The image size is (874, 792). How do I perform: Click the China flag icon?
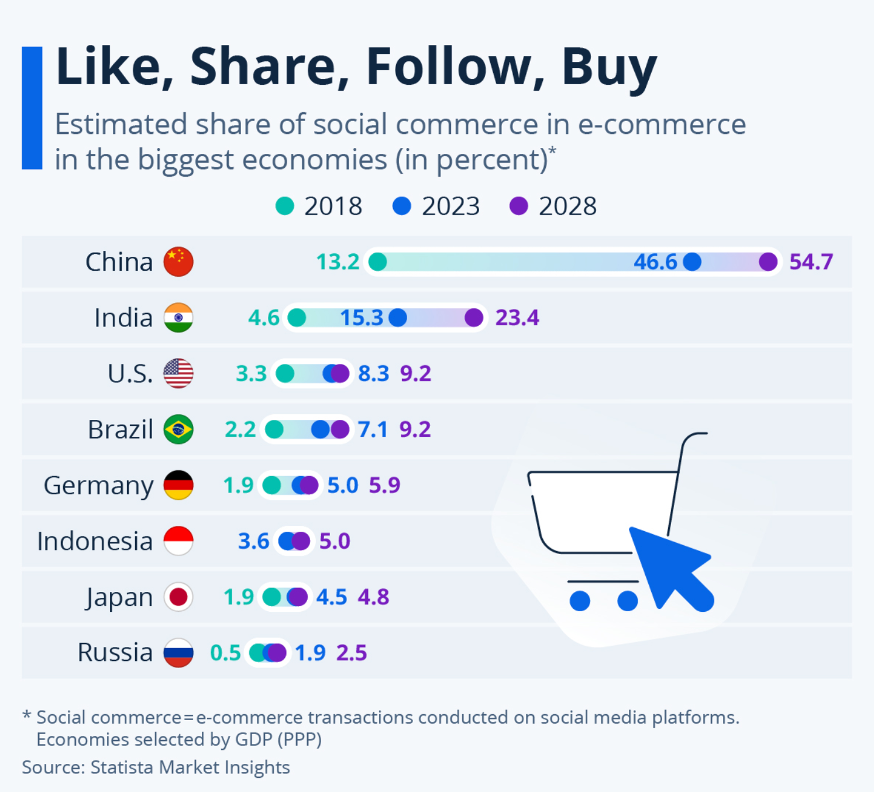(178, 261)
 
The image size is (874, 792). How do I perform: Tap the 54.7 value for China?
(811, 261)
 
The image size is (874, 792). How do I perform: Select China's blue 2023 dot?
(692, 261)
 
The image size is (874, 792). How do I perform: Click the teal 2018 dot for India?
(297, 318)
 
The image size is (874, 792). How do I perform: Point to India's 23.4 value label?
(517, 318)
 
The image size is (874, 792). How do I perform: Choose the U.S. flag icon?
(178, 373)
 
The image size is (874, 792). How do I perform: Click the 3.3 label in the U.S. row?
(251, 373)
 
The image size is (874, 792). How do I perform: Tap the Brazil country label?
(120, 429)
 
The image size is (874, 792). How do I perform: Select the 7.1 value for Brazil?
(373, 429)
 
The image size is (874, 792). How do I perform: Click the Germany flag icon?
(178, 485)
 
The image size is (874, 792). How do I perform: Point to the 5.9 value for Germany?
(384, 485)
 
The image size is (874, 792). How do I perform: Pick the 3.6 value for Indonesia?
(253, 541)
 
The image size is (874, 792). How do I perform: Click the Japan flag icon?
(178, 597)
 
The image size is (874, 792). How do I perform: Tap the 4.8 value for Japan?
(373, 597)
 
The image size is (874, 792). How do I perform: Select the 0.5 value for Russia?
(225, 653)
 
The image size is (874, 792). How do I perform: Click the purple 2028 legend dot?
(519, 206)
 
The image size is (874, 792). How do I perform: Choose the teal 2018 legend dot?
(284, 206)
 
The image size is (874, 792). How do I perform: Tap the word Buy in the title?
(609, 67)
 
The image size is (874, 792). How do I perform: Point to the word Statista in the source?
(122, 767)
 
